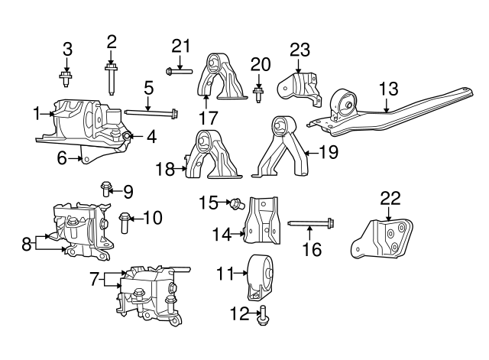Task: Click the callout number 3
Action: [67, 50]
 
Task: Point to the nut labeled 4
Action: [128, 136]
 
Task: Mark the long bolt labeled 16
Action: [314, 225]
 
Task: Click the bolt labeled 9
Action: [106, 187]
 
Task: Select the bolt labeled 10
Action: [125, 222]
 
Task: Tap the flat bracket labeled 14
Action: [261, 219]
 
